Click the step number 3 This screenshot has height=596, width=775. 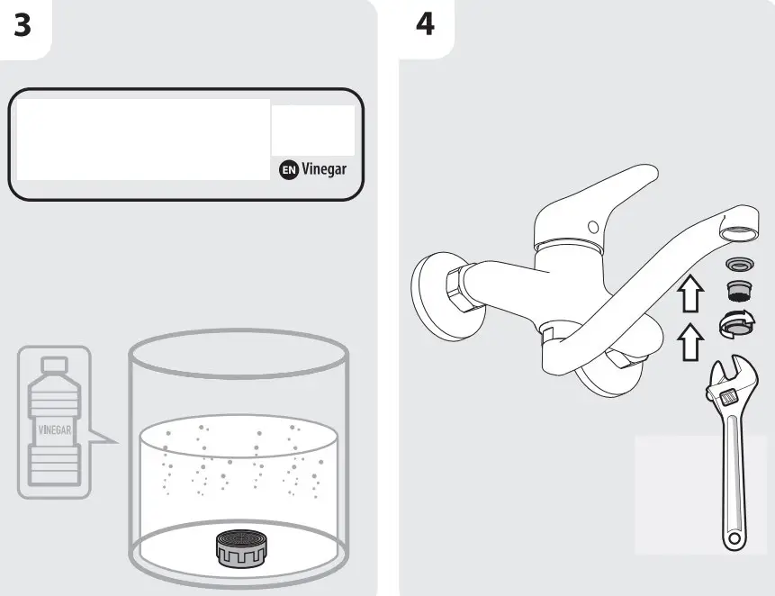(x=23, y=25)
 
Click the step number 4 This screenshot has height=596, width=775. (x=425, y=25)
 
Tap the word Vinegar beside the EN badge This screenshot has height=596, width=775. (x=323, y=169)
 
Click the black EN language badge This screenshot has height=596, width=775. (x=288, y=169)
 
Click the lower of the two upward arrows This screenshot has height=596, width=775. (x=688, y=342)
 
